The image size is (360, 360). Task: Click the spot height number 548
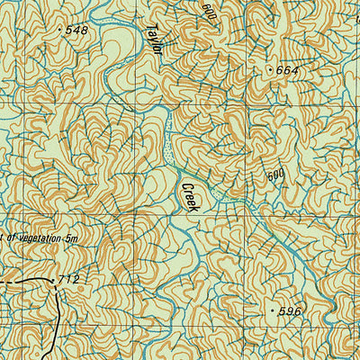(x=78, y=30)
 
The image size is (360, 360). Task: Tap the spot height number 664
(x=288, y=69)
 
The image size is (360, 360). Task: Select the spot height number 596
(x=290, y=310)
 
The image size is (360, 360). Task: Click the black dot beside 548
(x=61, y=30)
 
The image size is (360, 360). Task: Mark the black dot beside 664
(x=269, y=68)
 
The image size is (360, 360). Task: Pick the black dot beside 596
(x=272, y=310)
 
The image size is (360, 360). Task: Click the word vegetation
(x=35, y=238)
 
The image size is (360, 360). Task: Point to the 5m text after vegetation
(x=72, y=238)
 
